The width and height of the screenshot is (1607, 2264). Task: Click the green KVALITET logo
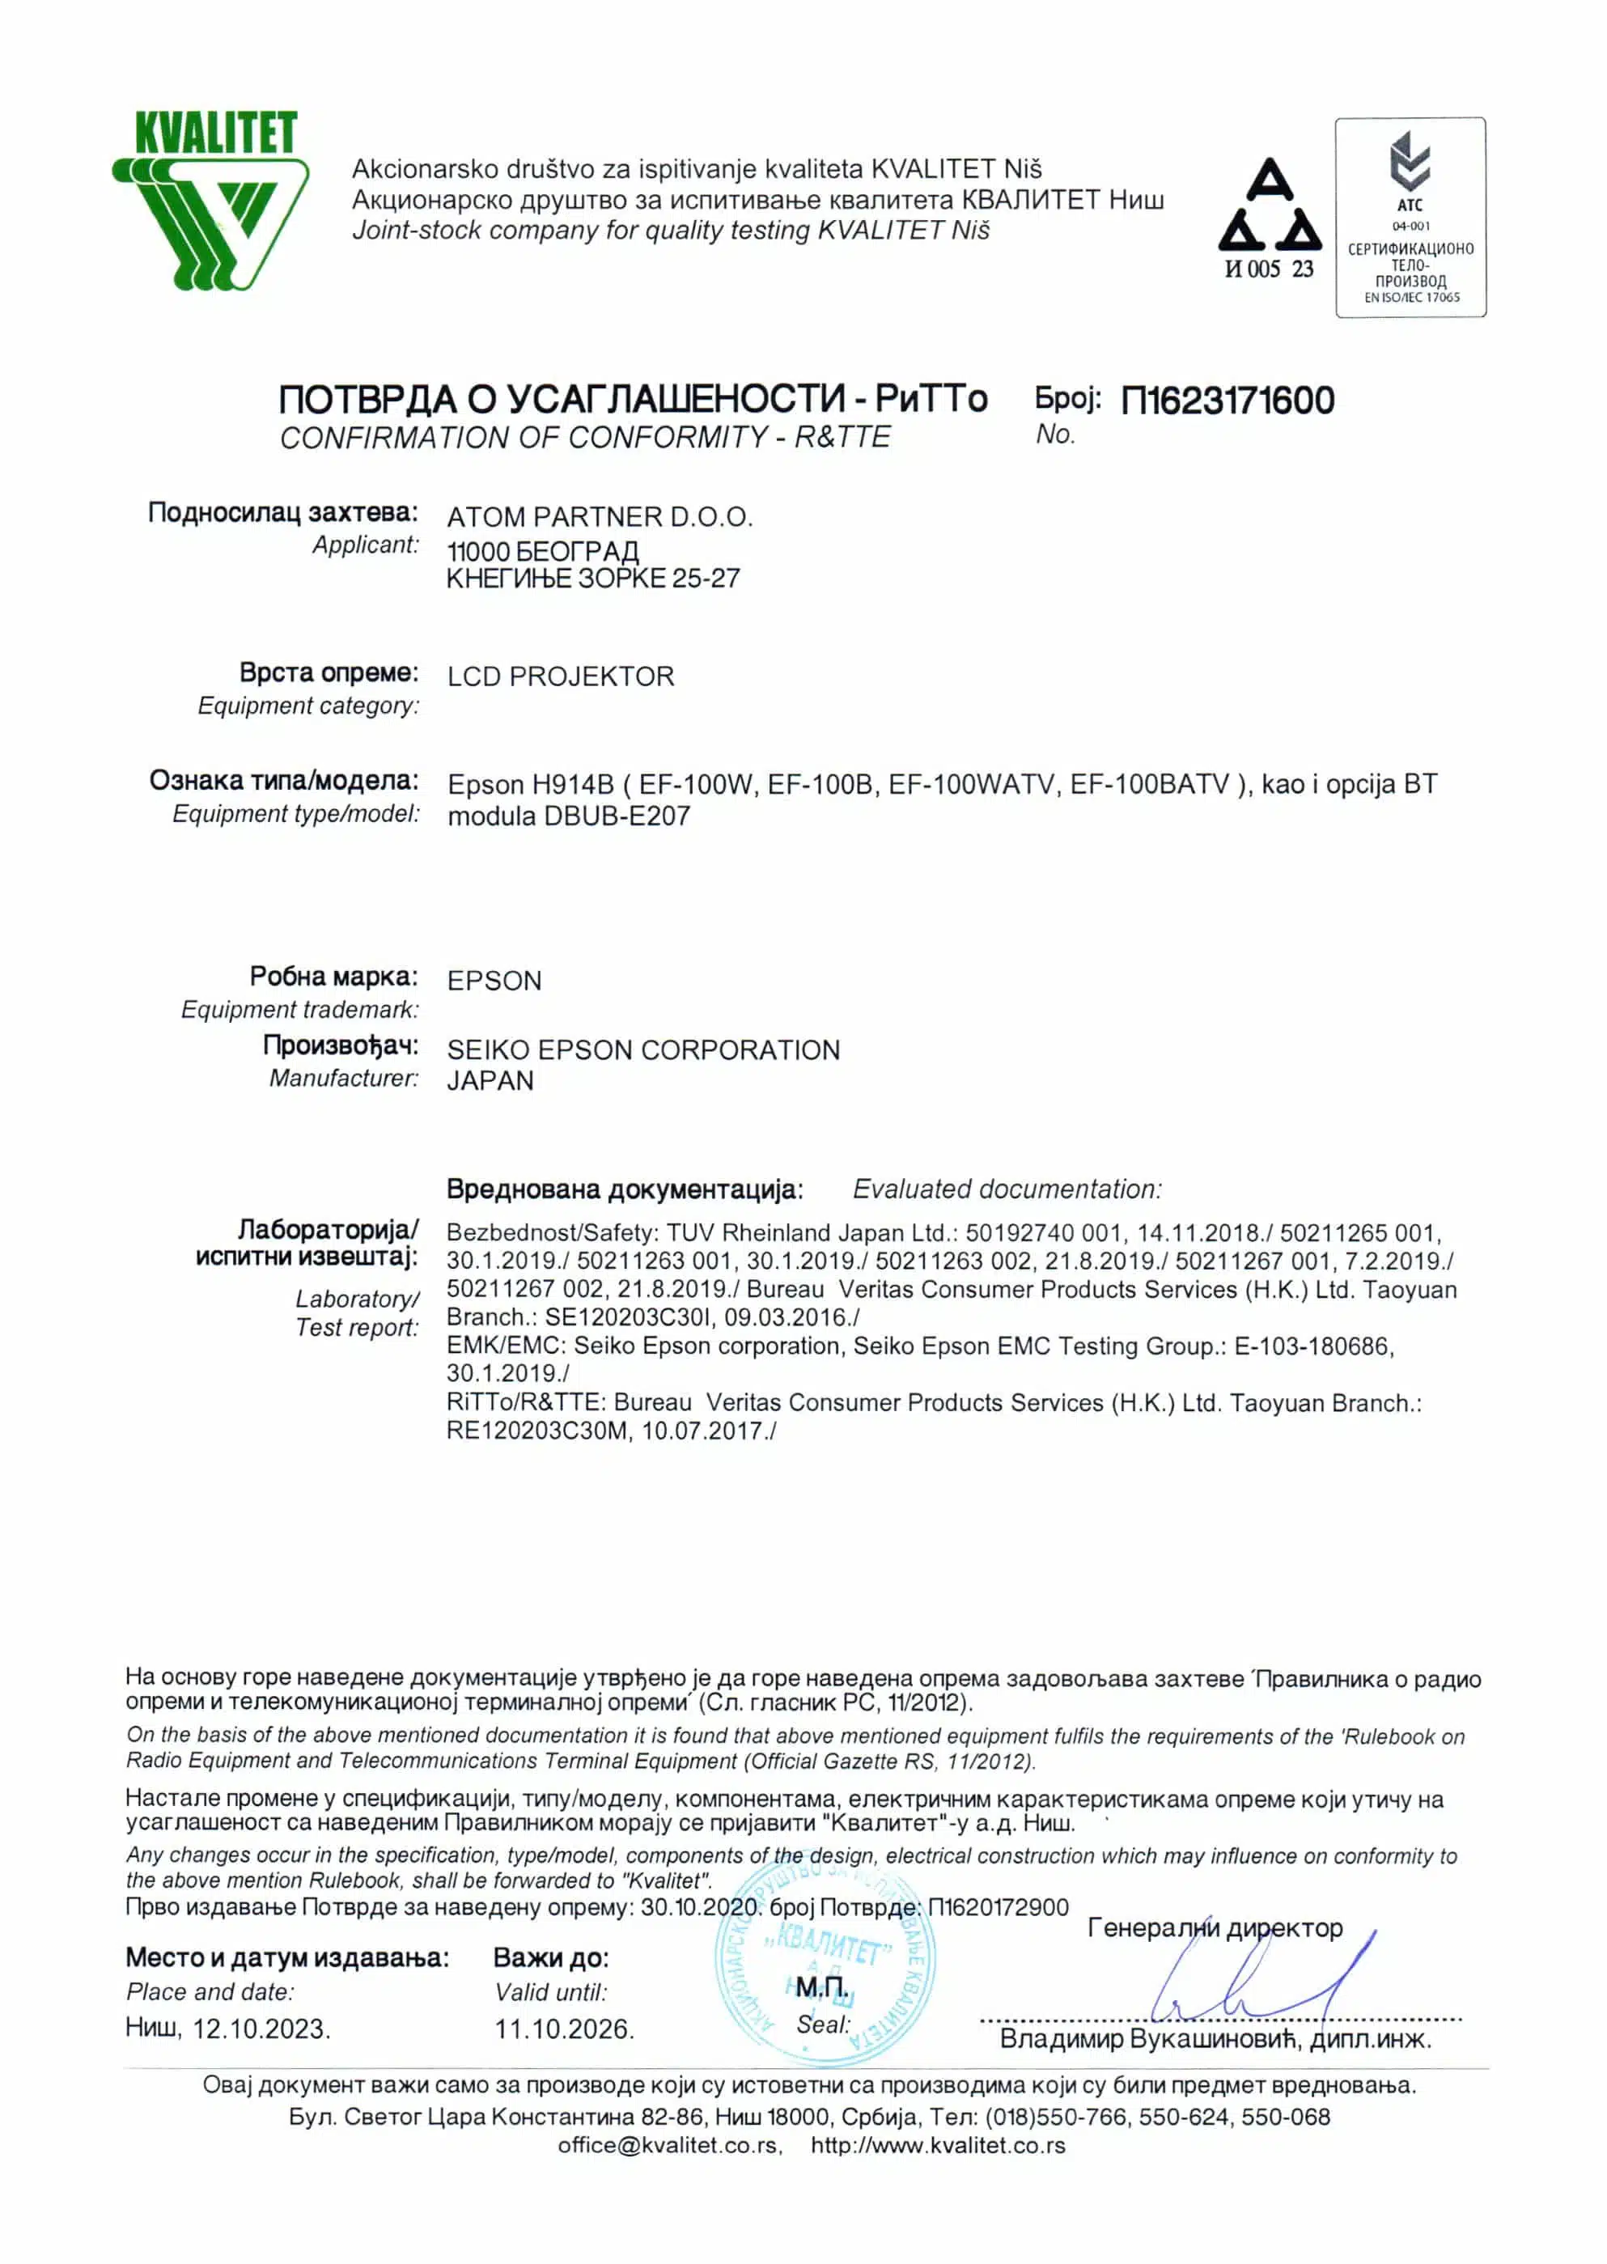tap(210, 201)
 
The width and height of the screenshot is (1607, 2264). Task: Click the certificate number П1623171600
tap(1227, 401)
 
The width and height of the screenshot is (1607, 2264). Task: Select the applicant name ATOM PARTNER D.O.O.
tap(600, 516)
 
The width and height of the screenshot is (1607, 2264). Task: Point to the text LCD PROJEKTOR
tap(560, 676)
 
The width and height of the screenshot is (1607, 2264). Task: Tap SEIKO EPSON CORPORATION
tap(643, 1049)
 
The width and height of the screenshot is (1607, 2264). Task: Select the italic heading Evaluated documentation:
tap(1007, 1189)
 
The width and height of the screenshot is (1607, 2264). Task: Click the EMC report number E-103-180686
tap(1312, 1346)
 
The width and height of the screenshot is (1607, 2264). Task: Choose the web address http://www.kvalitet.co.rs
tap(938, 2145)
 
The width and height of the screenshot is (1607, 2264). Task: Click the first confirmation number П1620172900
tap(999, 1907)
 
